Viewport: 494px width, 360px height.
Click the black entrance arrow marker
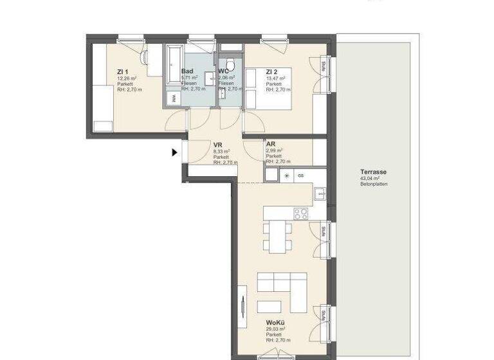(174, 153)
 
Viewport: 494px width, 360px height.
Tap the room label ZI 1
(123, 71)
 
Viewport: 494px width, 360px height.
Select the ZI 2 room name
(272, 71)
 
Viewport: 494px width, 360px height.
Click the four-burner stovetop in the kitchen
(301, 213)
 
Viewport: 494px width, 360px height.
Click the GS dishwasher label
(300, 175)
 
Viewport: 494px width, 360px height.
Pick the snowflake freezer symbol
(287, 175)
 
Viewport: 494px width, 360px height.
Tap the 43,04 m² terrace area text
(374, 179)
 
